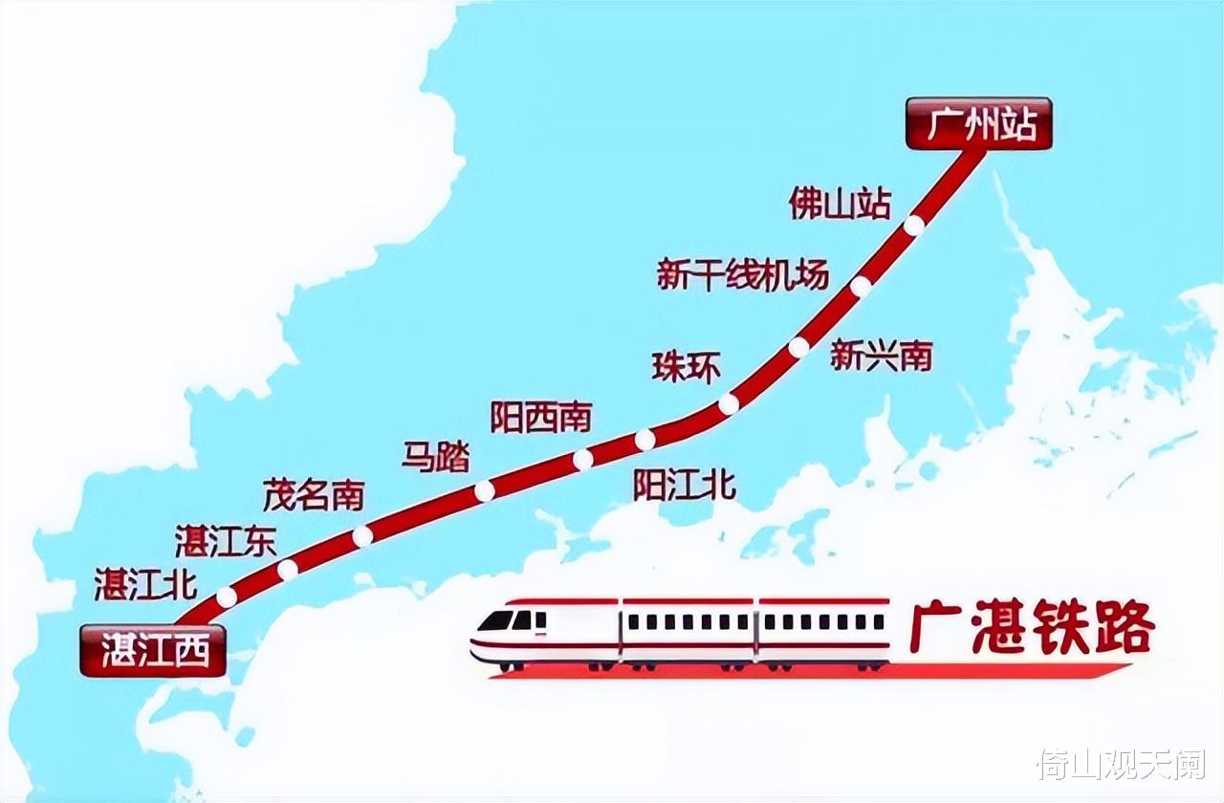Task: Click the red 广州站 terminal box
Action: (978, 124)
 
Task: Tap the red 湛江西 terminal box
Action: (153, 651)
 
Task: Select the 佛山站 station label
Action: (841, 203)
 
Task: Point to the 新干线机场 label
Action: (742, 274)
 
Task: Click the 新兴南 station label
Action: (881, 357)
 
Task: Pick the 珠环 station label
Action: (687, 367)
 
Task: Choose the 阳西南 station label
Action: (541, 417)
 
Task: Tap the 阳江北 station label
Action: (685, 486)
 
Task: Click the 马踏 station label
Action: (436, 457)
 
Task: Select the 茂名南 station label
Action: (314, 494)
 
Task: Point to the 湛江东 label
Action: (226, 541)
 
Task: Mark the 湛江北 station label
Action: (146, 584)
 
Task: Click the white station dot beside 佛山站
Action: (914, 226)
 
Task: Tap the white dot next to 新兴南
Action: (798, 347)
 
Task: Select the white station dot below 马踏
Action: (485, 490)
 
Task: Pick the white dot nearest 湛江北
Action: (227, 597)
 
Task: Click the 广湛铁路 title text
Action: (1032, 629)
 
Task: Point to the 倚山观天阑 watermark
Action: (1121, 765)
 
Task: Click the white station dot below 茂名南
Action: (361, 536)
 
